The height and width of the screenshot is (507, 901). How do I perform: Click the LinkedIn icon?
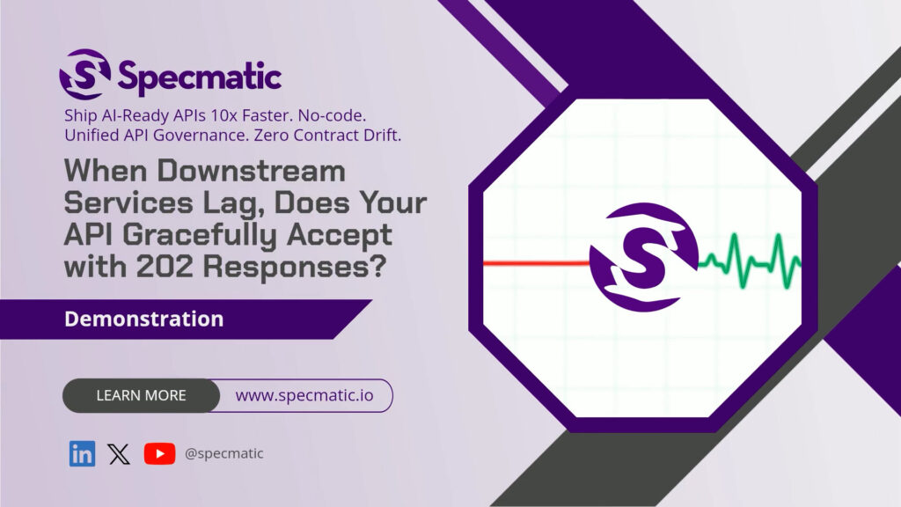(82, 453)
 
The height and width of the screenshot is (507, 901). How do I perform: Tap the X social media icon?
(119, 454)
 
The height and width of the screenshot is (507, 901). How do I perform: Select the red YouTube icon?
(160, 453)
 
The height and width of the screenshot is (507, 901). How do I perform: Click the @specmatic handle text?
(224, 453)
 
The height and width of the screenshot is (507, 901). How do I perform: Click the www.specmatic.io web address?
(304, 395)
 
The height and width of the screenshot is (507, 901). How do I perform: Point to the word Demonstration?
(143, 319)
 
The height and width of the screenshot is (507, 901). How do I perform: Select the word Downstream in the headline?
(251, 171)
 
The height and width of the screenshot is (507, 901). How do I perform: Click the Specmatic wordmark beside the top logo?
(200, 77)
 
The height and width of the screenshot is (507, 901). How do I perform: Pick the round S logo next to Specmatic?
(85, 74)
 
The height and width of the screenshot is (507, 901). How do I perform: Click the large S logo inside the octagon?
(643, 257)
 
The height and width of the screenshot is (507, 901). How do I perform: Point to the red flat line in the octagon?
(537, 263)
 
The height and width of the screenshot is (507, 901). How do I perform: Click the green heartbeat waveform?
(750, 260)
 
